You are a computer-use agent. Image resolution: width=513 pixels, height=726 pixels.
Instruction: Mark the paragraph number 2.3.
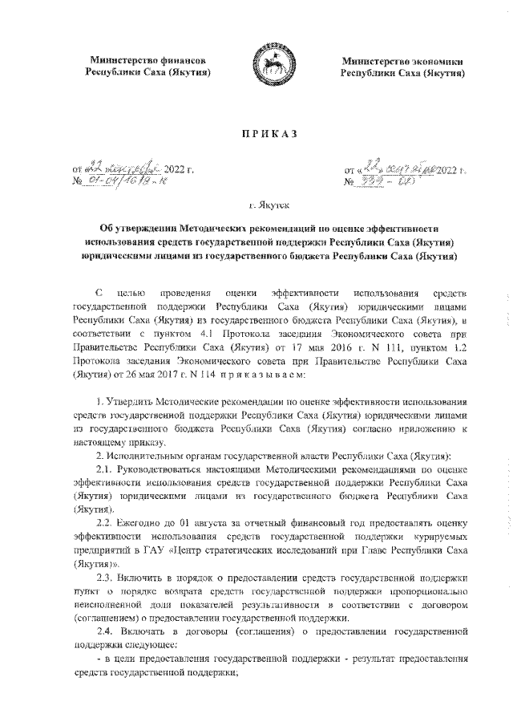pyautogui.click(x=105, y=577)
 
